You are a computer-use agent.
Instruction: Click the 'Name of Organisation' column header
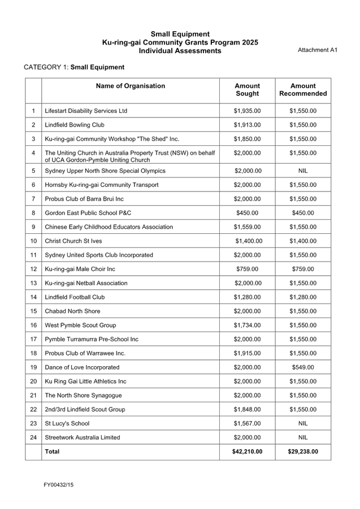pyautogui.click(x=130, y=86)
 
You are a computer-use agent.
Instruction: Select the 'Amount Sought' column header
pyautogui.click(x=247, y=90)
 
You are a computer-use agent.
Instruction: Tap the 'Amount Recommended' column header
pyautogui.click(x=303, y=90)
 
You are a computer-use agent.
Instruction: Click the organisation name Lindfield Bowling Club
pyautogui.click(x=75, y=125)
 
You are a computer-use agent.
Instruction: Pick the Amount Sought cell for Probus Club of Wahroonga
pyautogui.click(x=247, y=354)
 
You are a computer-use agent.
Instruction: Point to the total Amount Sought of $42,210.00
pyautogui.click(x=247, y=452)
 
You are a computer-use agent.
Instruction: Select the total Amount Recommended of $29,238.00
pyautogui.click(x=303, y=452)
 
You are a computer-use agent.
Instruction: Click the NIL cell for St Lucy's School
pyautogui.click(x=303, y=424)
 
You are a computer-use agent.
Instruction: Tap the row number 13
pyautogui.click(x=34, y=283)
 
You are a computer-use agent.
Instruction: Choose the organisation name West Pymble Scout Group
pyautogui.click(x=80, y=325)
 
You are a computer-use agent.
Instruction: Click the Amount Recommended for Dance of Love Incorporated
pyautogui.click(x=303, y=368)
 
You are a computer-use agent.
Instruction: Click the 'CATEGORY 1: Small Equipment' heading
pyautogui.click(x=74, y=67)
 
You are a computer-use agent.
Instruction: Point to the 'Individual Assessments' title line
pyautogui.click(x=180, y=51)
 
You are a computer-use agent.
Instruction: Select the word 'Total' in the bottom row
pyautogui.click(x=52, y=452)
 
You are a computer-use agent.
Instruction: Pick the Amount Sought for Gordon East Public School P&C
pyautogui.click(x=247, y=213)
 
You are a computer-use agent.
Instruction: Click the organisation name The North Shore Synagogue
pyautogui.click(x=83, y=395)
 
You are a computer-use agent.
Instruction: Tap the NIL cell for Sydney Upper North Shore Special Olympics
pyautogui.click(x=303, y=171)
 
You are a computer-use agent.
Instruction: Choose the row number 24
pyautogui.click(x=34, y=437)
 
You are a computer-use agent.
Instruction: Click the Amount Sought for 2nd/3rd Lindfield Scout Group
pyautogui.click(x=247, y=410)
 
